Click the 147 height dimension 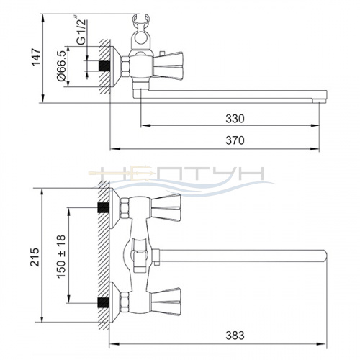pos(36,57)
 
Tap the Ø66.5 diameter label pos(61,66)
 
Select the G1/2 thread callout pos(81,30)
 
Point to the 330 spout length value pos(235,119)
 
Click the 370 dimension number pos(235,140)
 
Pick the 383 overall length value pos(235,336)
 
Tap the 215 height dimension pos(35,257)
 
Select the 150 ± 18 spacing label pos(61,256)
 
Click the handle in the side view pos(168,66)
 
